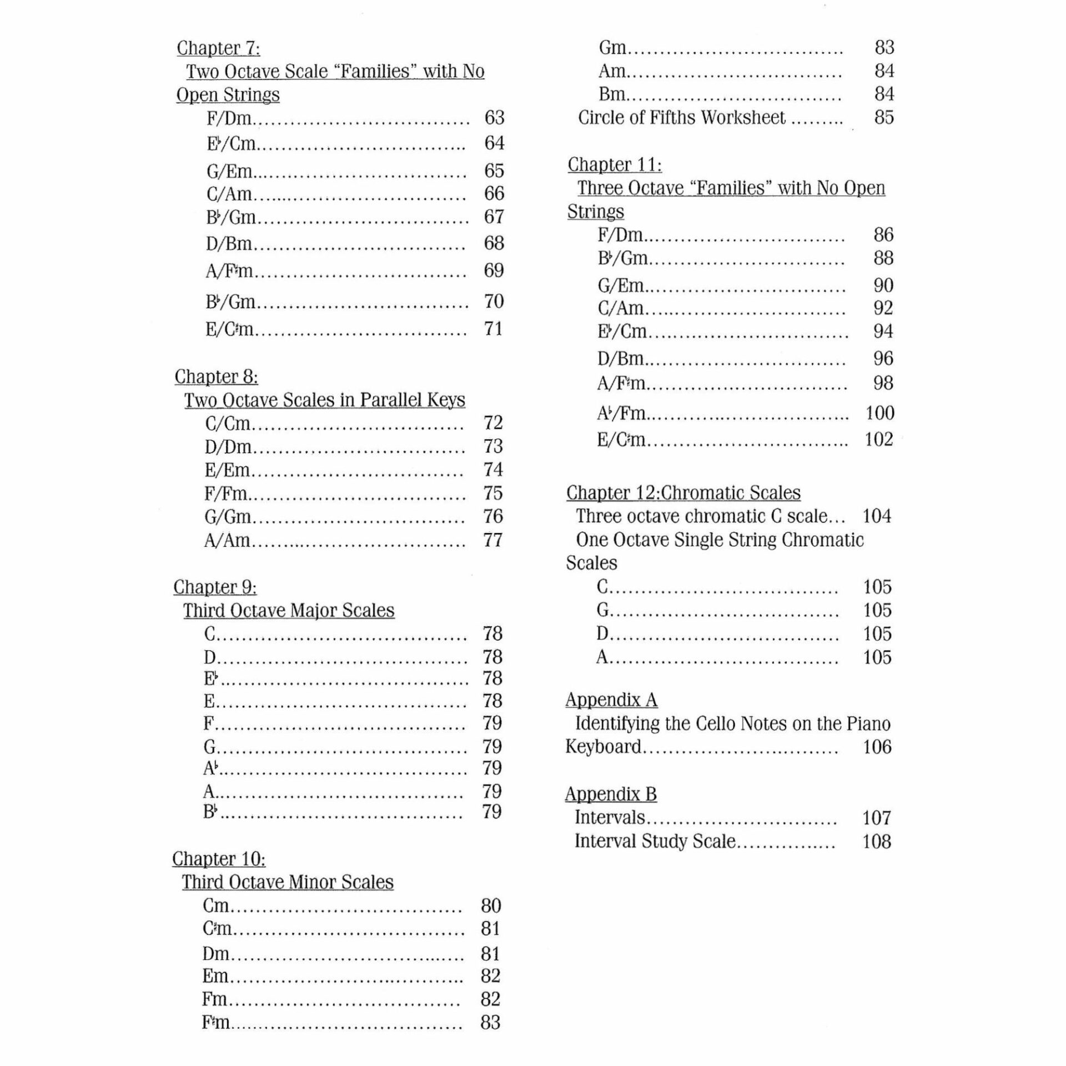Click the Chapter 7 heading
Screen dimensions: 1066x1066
tap(218, 48)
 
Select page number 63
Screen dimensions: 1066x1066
tap(494, 118)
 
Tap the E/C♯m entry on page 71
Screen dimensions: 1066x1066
tap(229, 329)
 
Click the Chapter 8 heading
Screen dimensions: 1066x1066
tap(216, 377)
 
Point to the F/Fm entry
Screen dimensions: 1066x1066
tap(226, 493)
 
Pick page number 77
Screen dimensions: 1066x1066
tap(492, 540)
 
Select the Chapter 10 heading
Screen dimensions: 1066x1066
tap(219, 859)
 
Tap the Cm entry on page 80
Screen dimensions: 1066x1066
tap(216, 906)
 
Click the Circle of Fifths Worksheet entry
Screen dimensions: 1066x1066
tap(681, 118)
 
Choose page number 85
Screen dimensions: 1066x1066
tap(884, 118)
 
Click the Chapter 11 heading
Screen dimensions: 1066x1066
tap(614, 165)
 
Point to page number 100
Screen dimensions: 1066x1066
tap(879, 413)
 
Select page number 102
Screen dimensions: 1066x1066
tap(878, 440)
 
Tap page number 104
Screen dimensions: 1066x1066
tap(876, 516)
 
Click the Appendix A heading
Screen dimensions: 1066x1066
tap(611, 700)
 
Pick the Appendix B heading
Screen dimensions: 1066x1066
tap(611, 795)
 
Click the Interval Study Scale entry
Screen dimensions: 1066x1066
tap(655, 842)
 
